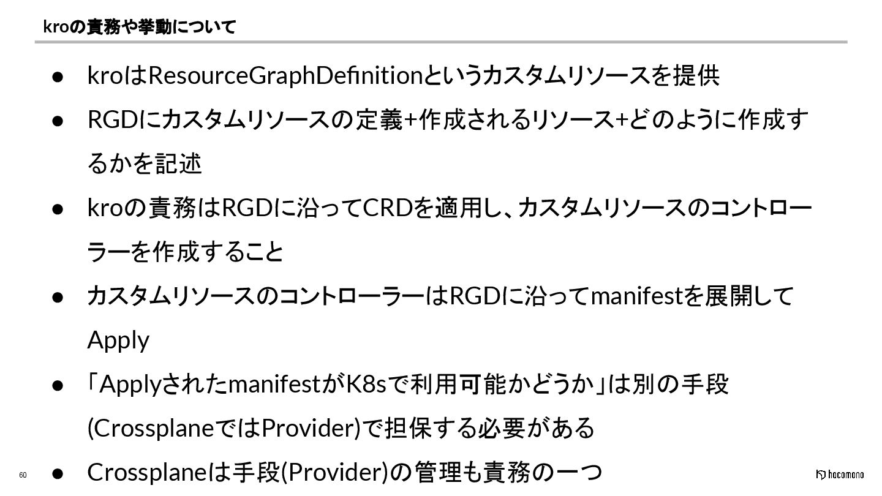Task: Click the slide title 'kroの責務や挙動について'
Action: tap(140, 27)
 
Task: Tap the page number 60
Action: tap(23, 475)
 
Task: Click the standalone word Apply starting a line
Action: tap(118, 340)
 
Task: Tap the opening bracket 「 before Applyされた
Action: tap(93, 385)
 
